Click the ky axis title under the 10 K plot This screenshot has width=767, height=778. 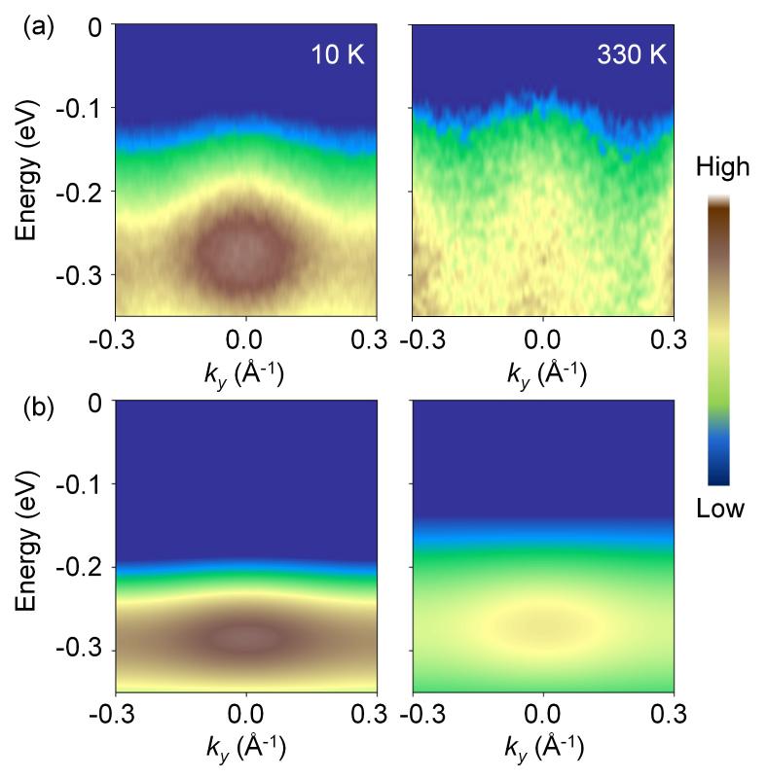point(245,372)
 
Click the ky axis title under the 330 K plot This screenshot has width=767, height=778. point(542,372)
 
